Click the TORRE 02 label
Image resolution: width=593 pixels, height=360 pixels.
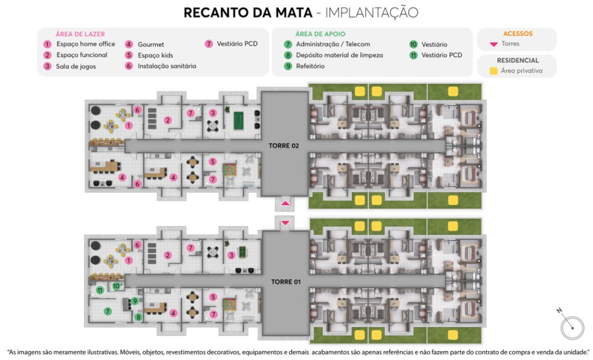click(x=284, y=145)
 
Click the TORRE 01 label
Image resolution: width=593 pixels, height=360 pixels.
click(x=286, y=282)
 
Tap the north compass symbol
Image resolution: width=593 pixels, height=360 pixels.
click(x=572, y=326)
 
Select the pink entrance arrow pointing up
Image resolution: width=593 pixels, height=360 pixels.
click(x=285, y=203)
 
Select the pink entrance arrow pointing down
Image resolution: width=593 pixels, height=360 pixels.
click(x=285, y=223)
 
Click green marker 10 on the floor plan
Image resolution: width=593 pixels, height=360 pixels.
click(x=116, y=286)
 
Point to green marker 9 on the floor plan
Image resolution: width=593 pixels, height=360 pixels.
click(x=135, y=301)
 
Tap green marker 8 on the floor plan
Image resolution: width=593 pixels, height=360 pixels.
click(x=138, y=317)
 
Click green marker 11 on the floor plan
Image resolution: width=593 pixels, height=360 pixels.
click(x=100, y=291)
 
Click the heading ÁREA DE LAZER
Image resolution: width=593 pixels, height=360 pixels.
click(x=80, y=34)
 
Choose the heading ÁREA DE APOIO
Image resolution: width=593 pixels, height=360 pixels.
click(x=320, y=34)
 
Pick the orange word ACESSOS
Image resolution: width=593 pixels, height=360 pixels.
click(x=518, y=34)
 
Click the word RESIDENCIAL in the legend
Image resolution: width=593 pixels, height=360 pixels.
click(x=518, y=60)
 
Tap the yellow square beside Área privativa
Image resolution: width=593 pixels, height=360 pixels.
click(x=493, y=71)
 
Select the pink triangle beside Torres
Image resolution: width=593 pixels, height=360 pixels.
click(x=493, y=44)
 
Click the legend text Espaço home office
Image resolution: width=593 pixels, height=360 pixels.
click(x=86, y=44)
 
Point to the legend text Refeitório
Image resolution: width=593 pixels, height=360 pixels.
click(x=310, y=66)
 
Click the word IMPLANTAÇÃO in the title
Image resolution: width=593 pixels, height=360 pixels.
click(x=372, y=12)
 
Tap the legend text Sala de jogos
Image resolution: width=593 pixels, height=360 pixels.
click(x=76, y=66)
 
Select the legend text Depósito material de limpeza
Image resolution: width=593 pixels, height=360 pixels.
click(x=340, y=55)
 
